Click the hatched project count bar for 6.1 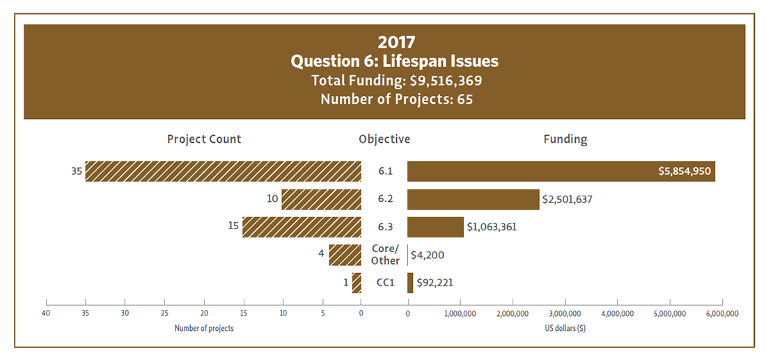coord(223,171)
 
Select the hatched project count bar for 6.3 coord(302,227)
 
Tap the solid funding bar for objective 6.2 coord(473,199)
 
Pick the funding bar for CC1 coord(410,283)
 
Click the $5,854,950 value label coord(684,171)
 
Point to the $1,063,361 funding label coord(492,227)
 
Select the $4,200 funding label coord(428,255)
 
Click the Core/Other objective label coord(385,255)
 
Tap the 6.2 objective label coord(384,199)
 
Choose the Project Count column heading coord(204,139)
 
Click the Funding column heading coord(565,139)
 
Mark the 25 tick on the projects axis coord(164,314)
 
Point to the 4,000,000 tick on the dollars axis coord(617,314)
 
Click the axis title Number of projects coord(204,328)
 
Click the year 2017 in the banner coord(396,42)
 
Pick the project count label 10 coord(272,199)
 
